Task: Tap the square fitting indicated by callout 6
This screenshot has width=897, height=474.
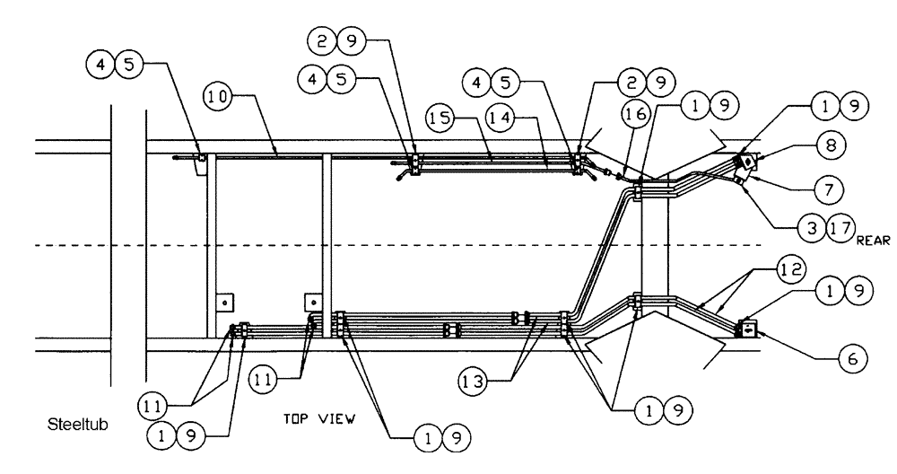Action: [745, 330]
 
